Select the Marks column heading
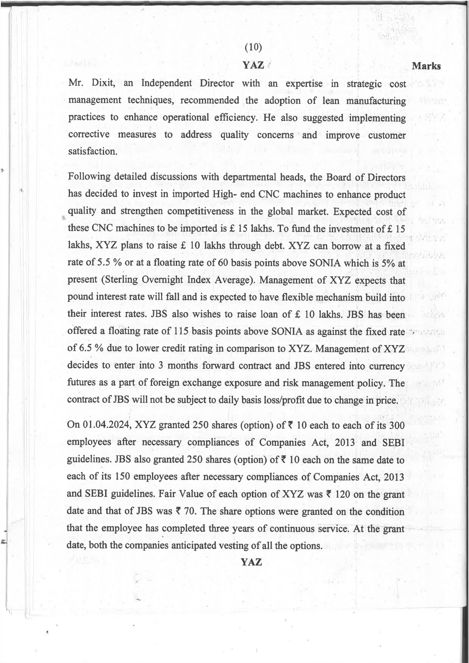(x=426, y=66)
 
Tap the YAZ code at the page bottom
(x=252, y=562)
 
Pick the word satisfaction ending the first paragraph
(x=92, y=152)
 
